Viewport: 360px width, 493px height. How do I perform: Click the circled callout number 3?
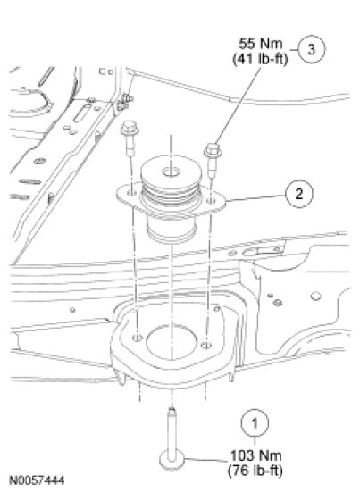click(311, 49)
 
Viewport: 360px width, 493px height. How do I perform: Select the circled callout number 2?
click(299, 194)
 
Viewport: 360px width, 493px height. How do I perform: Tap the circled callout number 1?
click(255, 422)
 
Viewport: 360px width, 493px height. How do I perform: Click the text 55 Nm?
click(261, 44)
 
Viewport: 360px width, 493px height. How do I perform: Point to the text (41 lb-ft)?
click(260, 59)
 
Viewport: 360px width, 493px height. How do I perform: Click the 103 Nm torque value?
click(255, 455)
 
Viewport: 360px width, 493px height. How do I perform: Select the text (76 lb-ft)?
click(255, 471)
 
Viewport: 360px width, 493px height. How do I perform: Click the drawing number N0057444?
click(38, 480)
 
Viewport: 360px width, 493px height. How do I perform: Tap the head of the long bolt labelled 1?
click(172, 460)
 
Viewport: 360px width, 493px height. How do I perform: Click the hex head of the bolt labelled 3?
click(213, 150)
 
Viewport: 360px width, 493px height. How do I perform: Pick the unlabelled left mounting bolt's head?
click(130, 128)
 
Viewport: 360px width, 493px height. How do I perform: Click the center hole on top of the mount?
click(171, 172)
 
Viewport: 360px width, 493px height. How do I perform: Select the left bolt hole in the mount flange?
click(131, 192)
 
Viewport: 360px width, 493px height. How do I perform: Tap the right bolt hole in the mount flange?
click(212, 200)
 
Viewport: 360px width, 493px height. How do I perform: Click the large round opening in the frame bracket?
click(172, 342)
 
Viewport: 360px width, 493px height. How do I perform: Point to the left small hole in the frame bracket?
click(138, 338)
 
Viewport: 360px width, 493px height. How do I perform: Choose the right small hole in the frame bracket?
click(206, 346)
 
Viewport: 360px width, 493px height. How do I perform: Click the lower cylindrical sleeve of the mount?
click(172, 230)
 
